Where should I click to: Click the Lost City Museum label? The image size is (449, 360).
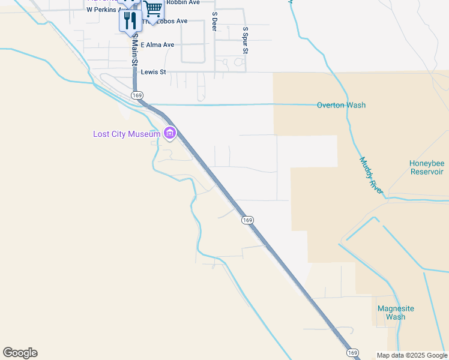pyautogui.click(x=127, y=134)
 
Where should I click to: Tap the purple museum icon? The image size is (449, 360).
pyautogui.click(x=170, y=133)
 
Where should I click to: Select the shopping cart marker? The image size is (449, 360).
pyautogui.click(x=154, y=10)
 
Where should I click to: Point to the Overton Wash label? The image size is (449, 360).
pyautogui.click(x=341, y=105)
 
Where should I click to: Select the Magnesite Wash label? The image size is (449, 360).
pyautogui.click(x=396, y=313)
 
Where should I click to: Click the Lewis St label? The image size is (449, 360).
pyautogui.click(x=152, y=72)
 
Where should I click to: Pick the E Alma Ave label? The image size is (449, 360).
pyautogui.click(x=157, y=44)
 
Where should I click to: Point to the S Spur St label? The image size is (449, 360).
pyautogui.click(x=245, y=40)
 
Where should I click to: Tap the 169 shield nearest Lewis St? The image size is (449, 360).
pyautogui.click(x=137, y=95)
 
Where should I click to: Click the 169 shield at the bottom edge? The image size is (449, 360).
pyautogui.click(x=353, y=352)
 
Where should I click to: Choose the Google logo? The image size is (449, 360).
pyautogui.click(x=20, y=353)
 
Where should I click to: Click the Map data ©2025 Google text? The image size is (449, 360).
pyautogui.click(x=411, y=355)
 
